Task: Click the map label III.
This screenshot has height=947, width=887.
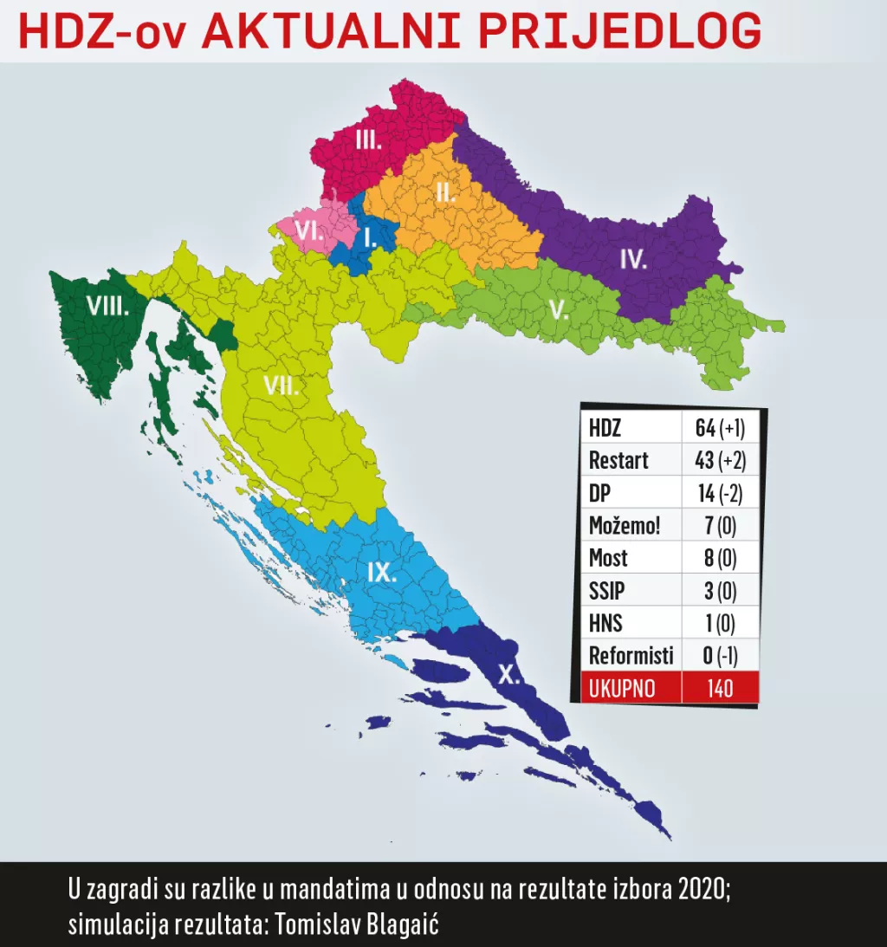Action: (368, 139)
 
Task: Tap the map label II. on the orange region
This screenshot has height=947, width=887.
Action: (445, 192)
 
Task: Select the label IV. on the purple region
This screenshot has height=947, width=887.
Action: (633, 258)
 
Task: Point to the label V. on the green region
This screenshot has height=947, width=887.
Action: (559, 310)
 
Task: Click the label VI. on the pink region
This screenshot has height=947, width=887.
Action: (309, 230)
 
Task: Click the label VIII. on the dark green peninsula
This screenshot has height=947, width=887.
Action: (107, 305)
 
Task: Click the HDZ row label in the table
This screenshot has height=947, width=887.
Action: (605, 428)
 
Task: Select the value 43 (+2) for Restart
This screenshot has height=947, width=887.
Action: (719, 460)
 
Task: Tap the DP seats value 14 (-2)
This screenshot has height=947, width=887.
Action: (719, 493)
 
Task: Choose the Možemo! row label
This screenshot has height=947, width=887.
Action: (625, 525)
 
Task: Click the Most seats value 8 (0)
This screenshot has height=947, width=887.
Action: (719, 558)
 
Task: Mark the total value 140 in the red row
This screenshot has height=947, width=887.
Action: (719, 688)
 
